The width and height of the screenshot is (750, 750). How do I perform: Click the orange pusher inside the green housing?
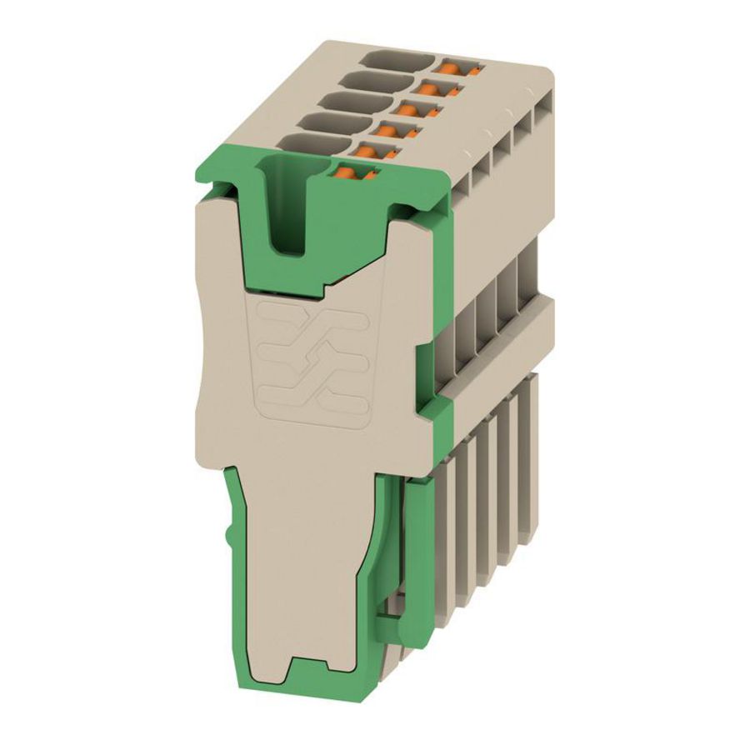pos(353,173)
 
